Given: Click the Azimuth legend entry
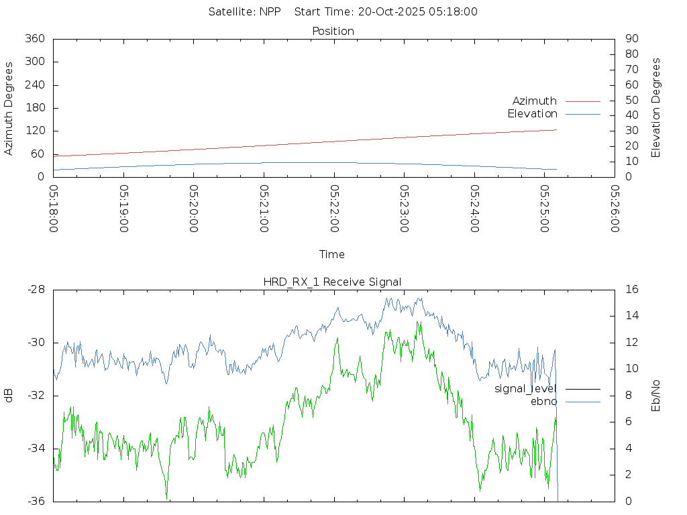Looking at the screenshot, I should pos(535,101).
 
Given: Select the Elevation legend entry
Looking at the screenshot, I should pos(532,114).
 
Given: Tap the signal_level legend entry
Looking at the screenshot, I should pos(525,389).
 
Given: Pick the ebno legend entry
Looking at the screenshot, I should pos(543,402).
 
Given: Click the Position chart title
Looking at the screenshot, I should pos(333,31).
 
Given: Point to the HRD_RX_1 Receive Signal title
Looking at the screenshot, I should pos(333,282).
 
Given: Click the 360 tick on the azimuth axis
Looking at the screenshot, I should pos(34,39).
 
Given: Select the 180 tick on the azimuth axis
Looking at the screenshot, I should pos(34,108).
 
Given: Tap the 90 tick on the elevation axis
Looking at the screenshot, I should pos(631,39).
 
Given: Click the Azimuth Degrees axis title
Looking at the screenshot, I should pos(9,108).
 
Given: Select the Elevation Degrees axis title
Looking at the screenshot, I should pos(656,108).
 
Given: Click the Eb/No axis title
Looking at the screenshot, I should pos(656,395).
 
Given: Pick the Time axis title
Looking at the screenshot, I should pos(332,254).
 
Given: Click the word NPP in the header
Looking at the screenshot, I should pos(270,11).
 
